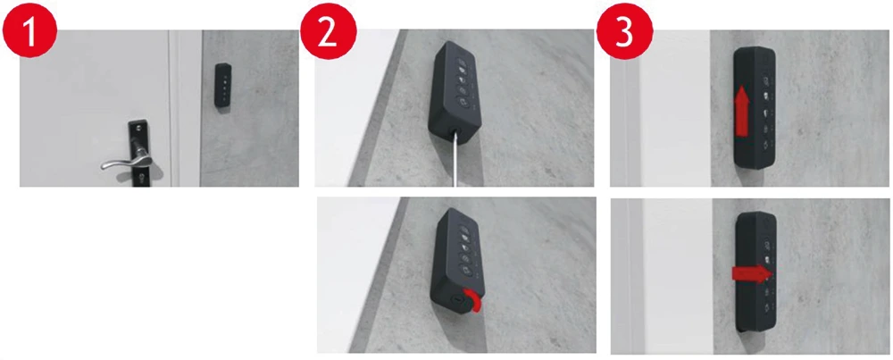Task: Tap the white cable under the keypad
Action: click(x=455, y=161)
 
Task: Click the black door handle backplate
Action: click(x=138, y=152)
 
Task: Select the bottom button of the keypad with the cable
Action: click(x=463, y=105)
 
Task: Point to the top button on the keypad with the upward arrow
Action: click(x=765, y=80)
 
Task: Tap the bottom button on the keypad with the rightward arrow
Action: click(x=768, y=308)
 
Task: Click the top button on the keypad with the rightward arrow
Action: click(x=767, y=244)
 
